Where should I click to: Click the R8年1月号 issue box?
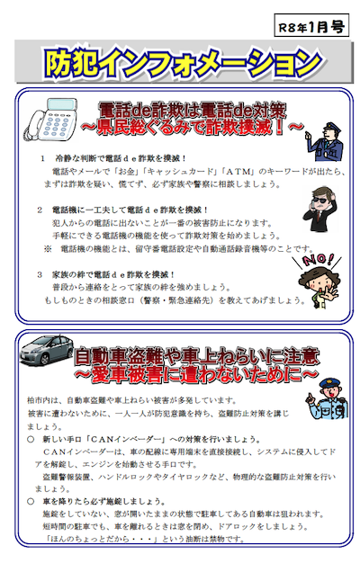[311, 25]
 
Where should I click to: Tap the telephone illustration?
[51, 120]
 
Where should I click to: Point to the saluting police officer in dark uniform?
[324, 141]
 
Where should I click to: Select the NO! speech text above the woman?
[317, 259]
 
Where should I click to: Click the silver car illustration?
[47, 350]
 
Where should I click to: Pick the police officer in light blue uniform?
[328, 398]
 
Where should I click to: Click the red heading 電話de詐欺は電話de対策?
[193, 111]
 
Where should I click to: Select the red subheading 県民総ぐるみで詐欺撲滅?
[193, 128]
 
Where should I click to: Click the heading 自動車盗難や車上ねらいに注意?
[197, 356]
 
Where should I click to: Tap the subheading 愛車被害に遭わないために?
[196, 374]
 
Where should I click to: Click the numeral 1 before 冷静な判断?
[43, 158]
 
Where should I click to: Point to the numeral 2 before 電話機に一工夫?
[40, 210]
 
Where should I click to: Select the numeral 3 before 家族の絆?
[40, 274]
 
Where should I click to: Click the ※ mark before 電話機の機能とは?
[48, 249]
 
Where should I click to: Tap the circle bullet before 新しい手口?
[31, 439]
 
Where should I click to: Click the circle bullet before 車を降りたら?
[31, 501]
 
